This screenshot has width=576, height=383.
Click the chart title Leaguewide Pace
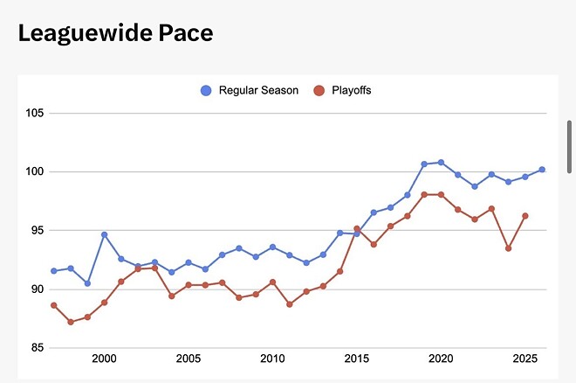[116, 33]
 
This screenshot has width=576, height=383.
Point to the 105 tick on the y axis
[36, 113]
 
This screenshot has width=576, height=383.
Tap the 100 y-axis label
[36, 171]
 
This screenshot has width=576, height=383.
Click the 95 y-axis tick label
[38, 230]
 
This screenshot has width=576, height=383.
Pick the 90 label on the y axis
[38, 289]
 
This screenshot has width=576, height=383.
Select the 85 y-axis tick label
[38, 348]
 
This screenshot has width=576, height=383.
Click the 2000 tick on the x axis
[104, 359]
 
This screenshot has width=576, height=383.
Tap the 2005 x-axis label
[189, 359]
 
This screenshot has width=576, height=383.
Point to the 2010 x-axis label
[272, 359]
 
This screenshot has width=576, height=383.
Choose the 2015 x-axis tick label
[356, 359]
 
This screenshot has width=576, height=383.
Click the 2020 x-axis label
[441, 359]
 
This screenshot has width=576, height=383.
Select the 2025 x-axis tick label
[525, 359]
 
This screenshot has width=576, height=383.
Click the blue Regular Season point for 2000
[104, 234]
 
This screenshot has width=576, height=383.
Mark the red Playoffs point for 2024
[508, 248]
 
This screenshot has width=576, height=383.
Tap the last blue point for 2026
[542, 170]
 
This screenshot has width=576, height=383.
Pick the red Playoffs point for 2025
[525, 216]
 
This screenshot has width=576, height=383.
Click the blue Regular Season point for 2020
[441, 162]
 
